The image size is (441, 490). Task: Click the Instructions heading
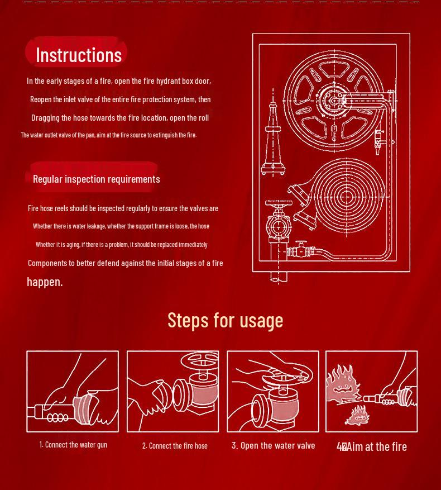tap(78, 55)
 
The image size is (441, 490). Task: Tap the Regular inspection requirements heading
tap(96, 179)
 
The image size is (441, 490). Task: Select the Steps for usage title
tap(225, 320)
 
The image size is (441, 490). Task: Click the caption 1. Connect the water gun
tap(73, 445)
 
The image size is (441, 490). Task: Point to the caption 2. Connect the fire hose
tap(175, 446)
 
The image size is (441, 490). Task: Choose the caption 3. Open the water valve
tap(273, 445)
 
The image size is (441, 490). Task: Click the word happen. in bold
tap(45, 282)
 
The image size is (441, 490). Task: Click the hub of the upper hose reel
tap(334, 101)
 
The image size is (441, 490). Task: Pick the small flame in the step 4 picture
tap(358, 416)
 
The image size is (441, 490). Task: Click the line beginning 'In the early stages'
tap(119, 81)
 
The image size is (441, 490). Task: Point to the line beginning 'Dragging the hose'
tap(120, 118)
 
